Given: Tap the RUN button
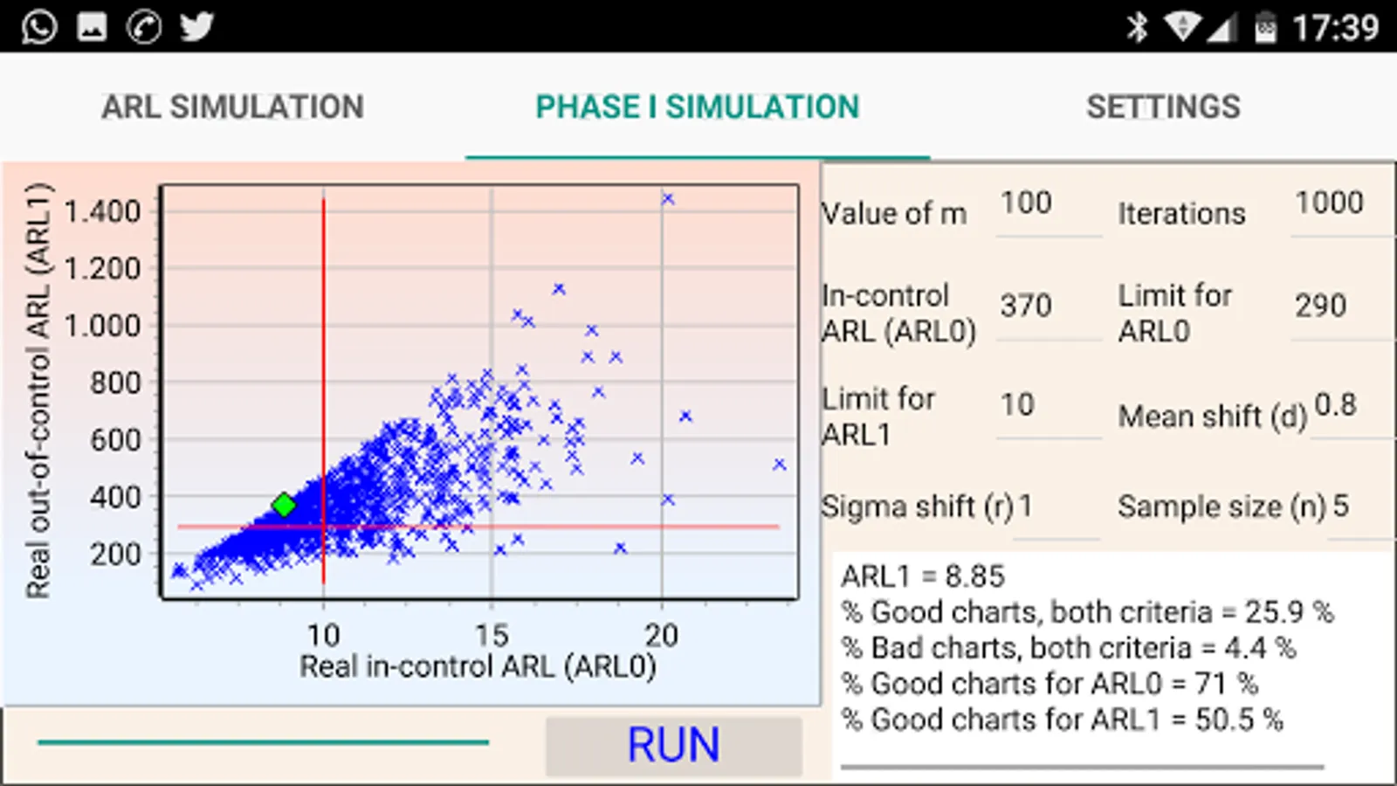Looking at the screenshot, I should pos(673,746).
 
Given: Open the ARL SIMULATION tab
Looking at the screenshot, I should pos(232,107).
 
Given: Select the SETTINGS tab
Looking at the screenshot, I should pos(1163,107).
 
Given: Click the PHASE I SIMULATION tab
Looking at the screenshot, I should pos(697,107).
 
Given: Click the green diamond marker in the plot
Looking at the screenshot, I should pos(284,505).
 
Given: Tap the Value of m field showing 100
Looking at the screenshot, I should pos(1027,203).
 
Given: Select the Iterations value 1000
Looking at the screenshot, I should pos(1329,203).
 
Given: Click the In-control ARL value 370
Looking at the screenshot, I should pos(1026,306).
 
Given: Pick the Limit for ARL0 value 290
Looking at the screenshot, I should pos(1320,306).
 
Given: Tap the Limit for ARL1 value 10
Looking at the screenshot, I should pos(1017,405).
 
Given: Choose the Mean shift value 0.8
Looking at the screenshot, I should pos(1336,405).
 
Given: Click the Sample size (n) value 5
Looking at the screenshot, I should pos(1341,507).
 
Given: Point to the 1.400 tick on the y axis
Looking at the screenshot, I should pos(102,211).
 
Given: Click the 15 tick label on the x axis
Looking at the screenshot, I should pos(492,636).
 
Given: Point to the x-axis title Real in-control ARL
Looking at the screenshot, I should pos(478,667).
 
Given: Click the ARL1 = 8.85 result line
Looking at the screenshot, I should pos(923,576).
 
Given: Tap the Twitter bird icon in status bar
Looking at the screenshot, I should pos(196,27).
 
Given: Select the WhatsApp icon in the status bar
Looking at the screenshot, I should pos(39,27).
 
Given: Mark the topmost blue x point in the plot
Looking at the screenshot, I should pos(668,199).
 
